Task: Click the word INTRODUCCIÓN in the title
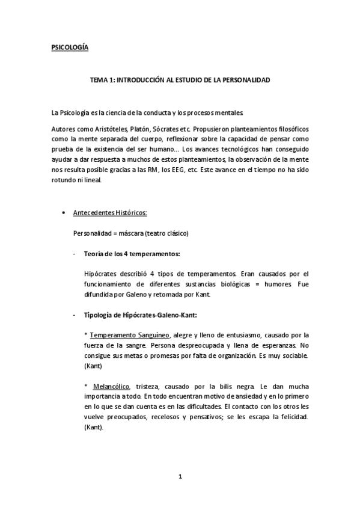[139, 79]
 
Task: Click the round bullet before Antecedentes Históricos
[64, 214]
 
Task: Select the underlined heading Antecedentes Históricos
[109, 214]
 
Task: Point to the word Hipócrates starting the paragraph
[103, 274]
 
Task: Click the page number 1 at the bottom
[180, 477]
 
